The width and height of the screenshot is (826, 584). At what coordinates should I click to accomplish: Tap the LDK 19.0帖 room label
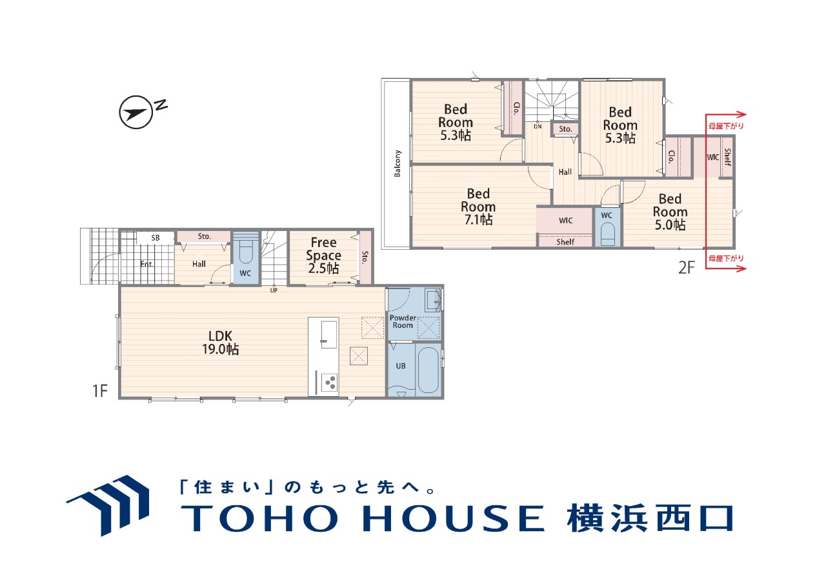point(221,343)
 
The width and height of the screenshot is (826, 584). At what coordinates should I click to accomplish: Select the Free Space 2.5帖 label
point(323,255)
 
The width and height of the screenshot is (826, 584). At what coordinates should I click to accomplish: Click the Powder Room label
point(403,321)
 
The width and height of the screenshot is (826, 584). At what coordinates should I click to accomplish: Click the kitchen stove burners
point(330,382)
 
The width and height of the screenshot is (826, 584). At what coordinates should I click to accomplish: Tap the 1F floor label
point(99,391)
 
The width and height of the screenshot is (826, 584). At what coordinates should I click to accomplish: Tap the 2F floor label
point(686,268)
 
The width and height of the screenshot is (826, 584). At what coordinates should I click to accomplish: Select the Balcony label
point(397,163)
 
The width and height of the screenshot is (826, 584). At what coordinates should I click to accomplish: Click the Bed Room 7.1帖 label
point(478,206)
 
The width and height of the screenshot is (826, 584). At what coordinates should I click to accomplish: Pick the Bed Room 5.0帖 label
point(670,212)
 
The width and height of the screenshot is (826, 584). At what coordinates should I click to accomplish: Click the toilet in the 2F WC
point(608,234)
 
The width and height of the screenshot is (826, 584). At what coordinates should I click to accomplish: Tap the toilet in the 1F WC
point(245,252)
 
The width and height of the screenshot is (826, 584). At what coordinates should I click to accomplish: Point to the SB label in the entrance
point(156,238)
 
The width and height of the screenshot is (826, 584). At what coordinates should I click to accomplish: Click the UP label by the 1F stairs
point(274,290)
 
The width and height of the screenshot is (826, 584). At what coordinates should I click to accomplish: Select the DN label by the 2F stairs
point(538,126)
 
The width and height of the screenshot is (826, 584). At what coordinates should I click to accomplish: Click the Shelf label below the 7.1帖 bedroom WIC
point(565,242)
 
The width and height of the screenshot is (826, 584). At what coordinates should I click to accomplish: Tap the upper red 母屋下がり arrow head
point(741,115)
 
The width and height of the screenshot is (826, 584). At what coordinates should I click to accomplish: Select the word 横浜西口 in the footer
point(649,518)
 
